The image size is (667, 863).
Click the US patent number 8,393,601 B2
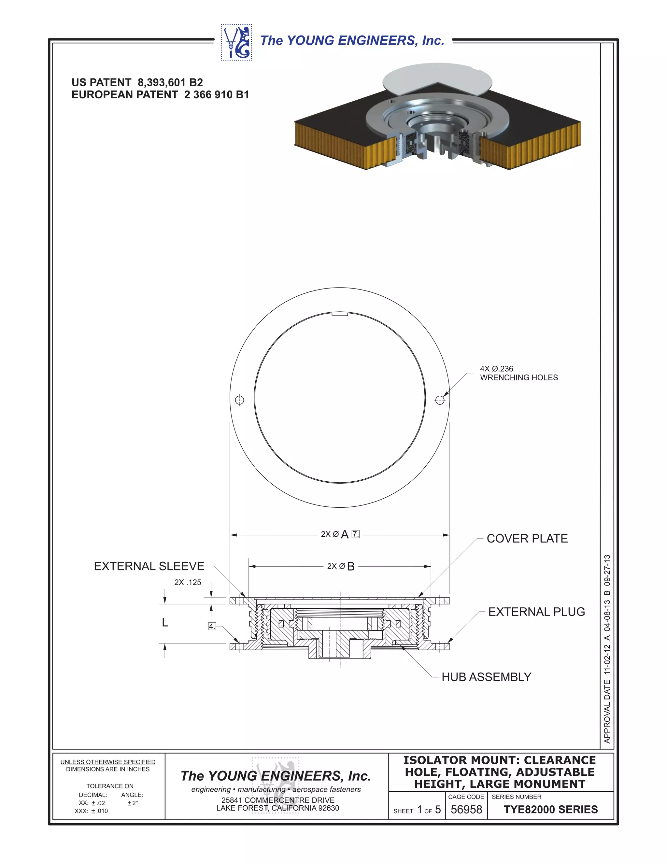coord(170,83)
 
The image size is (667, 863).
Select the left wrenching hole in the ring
coord(239,400)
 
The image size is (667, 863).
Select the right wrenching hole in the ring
coord(440,400)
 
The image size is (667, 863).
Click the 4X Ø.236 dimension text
coord(496,369)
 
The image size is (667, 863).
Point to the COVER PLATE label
coord(527,539)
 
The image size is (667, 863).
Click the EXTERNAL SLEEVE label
coord(149,566)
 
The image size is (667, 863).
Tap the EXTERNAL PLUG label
coord(536,612)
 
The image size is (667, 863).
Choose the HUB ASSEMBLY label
coord(486,677)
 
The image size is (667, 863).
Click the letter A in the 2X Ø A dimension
coord(345,535)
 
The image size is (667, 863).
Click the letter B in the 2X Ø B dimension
coord(350,567)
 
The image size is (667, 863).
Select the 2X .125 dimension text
coord(188,583)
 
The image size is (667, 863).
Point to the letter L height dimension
coord(165,623)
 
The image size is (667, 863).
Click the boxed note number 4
coord(212,626)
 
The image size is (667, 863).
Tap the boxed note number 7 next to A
coord(356,534)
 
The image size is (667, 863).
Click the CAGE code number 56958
coord(466,810)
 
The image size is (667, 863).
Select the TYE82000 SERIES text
coord(550,810)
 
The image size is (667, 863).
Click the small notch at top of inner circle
coord(339,314)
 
